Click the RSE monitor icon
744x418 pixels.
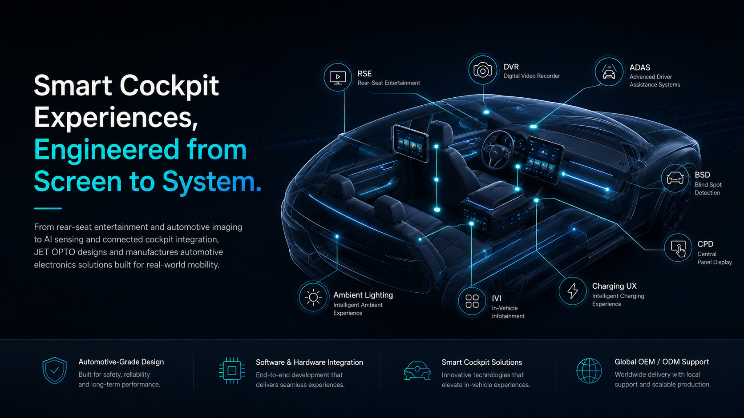[x=338, y=78]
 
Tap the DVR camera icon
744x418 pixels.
[x=483, y=70]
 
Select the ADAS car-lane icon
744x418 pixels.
[x=609, y=72]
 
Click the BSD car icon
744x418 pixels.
[x=675, y=178]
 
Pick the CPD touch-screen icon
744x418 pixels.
[x=678, y=248]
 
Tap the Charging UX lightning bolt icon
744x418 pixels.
[x=572, y=291]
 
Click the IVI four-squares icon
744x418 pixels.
[x=472, y=301]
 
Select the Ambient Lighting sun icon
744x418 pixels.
[x=313, y=297]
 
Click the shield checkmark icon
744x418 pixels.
[x=54, y=370]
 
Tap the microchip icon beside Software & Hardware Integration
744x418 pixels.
[x=232, y=370]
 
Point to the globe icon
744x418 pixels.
[x=589, y=370]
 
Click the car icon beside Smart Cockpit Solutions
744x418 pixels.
[x=417, y=370]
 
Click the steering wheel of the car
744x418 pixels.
[x=497, y=150]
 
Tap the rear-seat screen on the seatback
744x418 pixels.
[x=411, y=143]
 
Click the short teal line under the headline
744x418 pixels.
[x=48, y=208]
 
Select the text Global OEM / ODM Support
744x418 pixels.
[x=662, y=362]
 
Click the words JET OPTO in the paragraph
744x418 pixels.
[x=54, y=252]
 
